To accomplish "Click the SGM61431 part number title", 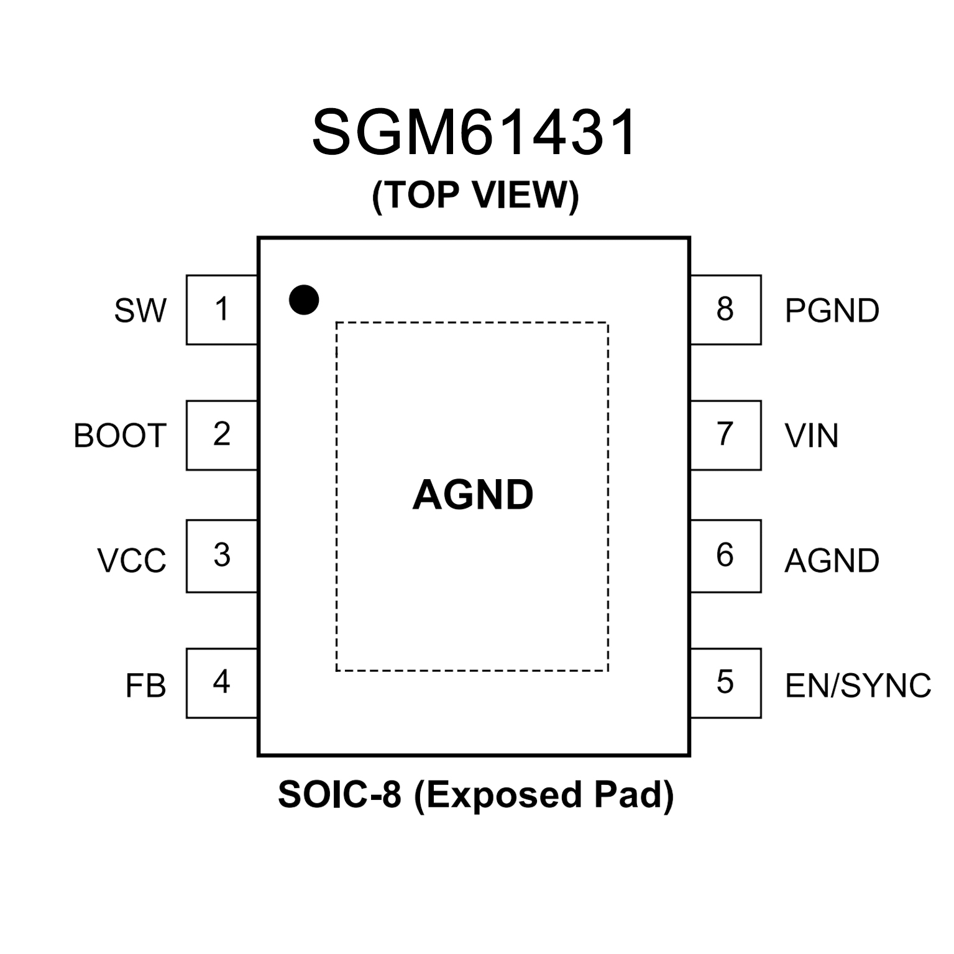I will tap(475, 132).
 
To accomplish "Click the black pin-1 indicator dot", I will tap(304, 300).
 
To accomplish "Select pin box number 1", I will tap(222, 310).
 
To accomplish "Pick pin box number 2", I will tap(222, 435).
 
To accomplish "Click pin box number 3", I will tap(222, 556).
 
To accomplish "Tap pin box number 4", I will tap(222, 683).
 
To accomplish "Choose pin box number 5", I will tap(725, 683).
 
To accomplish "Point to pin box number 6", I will tap(725, 556).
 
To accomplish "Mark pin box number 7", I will tap(725, 435).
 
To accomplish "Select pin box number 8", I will tap(725, 310).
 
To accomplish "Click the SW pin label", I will tap(140, 311).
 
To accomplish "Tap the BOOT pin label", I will tap(120, 436).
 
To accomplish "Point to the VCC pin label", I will tap(132, 561).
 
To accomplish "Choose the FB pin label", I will tap(146, 686).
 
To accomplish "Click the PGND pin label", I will tap(832, 311).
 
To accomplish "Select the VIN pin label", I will tap(812, 436).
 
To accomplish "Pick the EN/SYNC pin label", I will tap(858, 686).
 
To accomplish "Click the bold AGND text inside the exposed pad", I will tap(473, 495).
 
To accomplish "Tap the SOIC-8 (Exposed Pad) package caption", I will tap(475, 795).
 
